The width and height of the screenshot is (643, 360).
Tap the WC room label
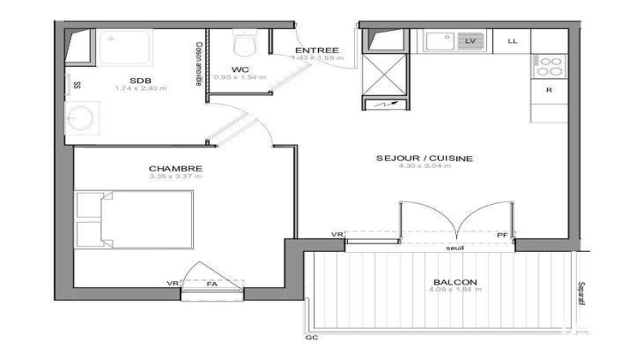pyautogui.click(x=240, y=69)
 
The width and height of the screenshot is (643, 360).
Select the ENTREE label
pyautogui.click(x=316, y=51)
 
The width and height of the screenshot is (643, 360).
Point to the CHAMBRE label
pyautogui.click(x=175, y=168)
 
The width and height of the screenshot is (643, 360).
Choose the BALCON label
pyautogui.click(x=455, y=282)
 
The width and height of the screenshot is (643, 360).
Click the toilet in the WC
pyautogui.click(x=245, y=42)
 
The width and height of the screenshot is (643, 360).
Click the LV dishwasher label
pyautogui.click(x=470, y=40)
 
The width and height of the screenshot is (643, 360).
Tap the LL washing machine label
pyautogui.click(x=513, y=40)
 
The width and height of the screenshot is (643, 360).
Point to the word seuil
pyautogui.click(x=454, y=249)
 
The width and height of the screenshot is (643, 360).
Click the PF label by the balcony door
pyautogui.click(x=502, y=236)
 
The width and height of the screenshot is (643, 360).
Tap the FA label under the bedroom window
pyautogui.click(x=212, y=284)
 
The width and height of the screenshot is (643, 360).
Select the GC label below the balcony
pyautogui.click(x=310, y=338)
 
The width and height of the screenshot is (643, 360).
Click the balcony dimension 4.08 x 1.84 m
pyautogui.click(x=455, y=291)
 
